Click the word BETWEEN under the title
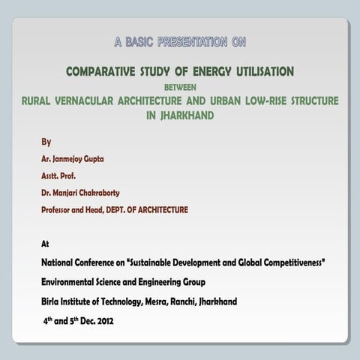point(179,86)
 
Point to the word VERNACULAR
point(88,100)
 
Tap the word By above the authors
point(46,142)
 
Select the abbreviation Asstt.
point(51,176)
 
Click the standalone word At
point(45,244)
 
